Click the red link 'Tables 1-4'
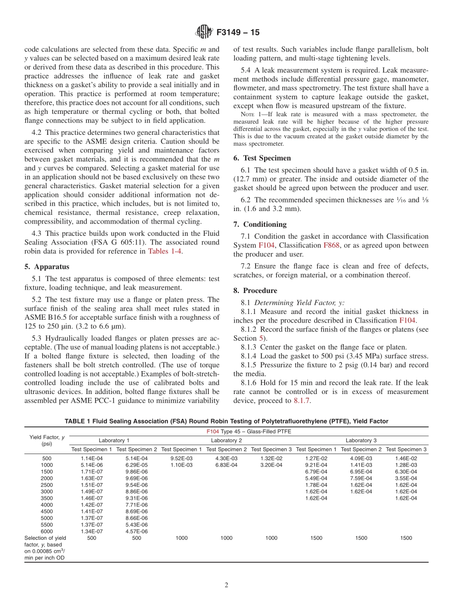165,252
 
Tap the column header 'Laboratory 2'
226,440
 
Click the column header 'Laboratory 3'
361,440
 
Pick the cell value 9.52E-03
181,458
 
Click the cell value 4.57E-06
136,531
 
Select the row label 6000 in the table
47,531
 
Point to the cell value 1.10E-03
181,465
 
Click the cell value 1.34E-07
92,531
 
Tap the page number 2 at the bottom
226,586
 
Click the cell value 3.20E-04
271,465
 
